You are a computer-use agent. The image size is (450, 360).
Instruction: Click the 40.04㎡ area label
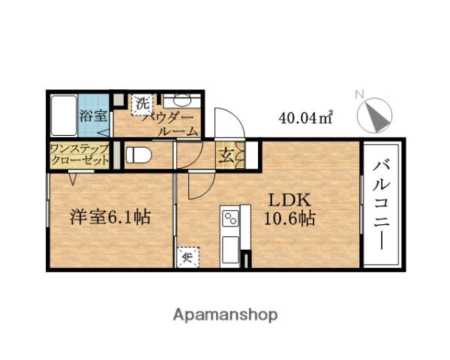click(306, 118)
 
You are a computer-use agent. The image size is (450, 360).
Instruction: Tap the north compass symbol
click(374, 115)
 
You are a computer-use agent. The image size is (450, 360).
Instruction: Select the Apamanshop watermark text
click(225, 316)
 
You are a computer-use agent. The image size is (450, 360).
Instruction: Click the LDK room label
click(289, 200)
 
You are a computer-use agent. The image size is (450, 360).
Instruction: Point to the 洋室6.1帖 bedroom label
click(110, 217)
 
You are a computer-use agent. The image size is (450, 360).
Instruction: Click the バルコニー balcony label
click(382, 205)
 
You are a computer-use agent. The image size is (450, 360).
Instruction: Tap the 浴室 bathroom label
click(93, 116)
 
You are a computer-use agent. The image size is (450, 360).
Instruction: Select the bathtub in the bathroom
click(64, 115)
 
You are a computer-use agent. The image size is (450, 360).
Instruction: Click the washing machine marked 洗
click(141, 103)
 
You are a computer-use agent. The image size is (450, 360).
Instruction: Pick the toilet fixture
click(138, 154)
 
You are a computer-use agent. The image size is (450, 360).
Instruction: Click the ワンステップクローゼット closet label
click(79, 154)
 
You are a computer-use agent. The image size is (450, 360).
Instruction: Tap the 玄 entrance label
click(226, 156)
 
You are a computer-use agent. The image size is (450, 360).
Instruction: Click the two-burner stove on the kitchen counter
click(231, 219)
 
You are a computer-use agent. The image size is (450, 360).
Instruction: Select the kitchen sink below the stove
click(230, 250)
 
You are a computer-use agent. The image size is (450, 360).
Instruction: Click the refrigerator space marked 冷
click(188, 257)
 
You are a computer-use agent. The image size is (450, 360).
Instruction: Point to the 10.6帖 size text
click(289, 219)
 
